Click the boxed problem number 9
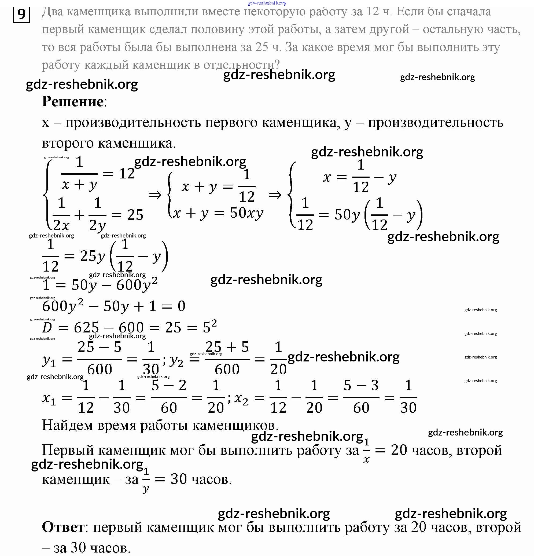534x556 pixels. click(x=21, y=14)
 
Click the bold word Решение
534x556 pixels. click(x=73, y=101)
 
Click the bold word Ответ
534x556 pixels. click(x=63, y=527)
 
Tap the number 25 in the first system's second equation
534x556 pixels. click(x=135, y=215)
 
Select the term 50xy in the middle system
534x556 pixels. click(x=246, y=213)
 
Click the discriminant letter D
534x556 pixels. click(x=47, y=328)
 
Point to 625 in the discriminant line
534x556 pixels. click(x=86, y=328)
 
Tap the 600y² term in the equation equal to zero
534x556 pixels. click(x=63, y=306)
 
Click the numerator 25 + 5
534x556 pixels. click(x=227, y=347)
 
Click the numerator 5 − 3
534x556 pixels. click(x=361, y=385)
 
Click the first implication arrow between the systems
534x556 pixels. click(x=155, y=195)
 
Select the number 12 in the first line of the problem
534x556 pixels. click(x=372, y=12)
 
